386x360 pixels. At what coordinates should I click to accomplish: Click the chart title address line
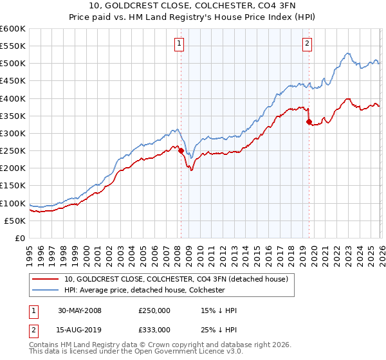(x=192, y=6)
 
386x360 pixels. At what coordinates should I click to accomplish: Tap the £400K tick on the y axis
(x=12, y=98)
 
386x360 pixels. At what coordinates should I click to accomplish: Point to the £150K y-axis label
(x=12, y=185)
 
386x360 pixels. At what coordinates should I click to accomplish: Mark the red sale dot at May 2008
(x=181, y=151)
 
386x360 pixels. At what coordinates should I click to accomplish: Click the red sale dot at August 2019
(x=309, y=122)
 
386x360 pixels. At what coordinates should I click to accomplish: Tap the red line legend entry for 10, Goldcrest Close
(x=179, y=279)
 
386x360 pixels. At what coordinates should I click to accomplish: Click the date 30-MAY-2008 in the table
(x=80, y=310)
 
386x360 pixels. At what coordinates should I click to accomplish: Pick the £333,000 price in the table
(x=154, y=329)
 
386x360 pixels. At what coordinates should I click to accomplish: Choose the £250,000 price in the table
(x=154, y=310)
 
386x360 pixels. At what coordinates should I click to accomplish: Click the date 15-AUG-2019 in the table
(x=80, y=329)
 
